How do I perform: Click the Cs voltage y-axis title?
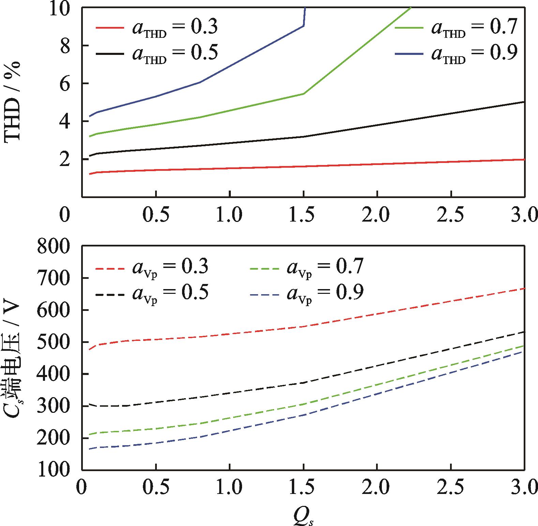[x=13, y=358]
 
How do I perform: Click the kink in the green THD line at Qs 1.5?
[x=303, y=93]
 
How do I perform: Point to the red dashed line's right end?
[x=524, y=288]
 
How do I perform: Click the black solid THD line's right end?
[x=524, y=102]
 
